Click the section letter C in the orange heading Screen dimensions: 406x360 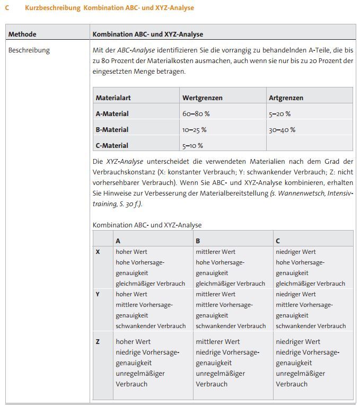7,8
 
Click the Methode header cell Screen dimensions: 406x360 22,34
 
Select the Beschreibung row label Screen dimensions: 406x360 29,50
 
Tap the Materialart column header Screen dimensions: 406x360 113,98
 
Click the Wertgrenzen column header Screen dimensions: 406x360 202,98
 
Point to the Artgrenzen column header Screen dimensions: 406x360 286,98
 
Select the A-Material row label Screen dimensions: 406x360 112,114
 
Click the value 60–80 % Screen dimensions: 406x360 196,114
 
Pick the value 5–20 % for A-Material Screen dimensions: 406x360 279,114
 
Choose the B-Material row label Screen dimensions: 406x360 112,130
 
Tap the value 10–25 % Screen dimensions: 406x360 194,130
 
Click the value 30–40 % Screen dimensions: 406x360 282,130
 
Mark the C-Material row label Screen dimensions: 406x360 112,146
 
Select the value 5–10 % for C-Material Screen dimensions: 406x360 192,146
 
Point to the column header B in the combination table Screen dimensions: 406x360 198,241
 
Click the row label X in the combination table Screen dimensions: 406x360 98,252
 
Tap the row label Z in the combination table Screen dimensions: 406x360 98,342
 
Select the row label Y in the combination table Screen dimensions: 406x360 98,294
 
